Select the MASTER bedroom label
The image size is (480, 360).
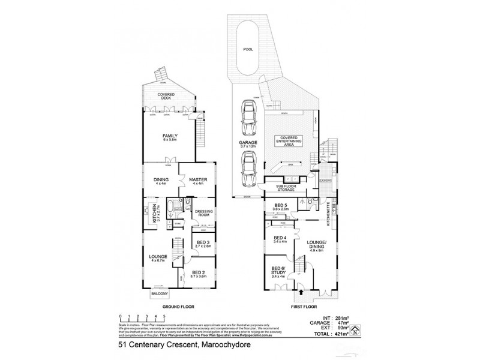click(197, 180)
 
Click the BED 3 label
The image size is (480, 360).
click(202, 244)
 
